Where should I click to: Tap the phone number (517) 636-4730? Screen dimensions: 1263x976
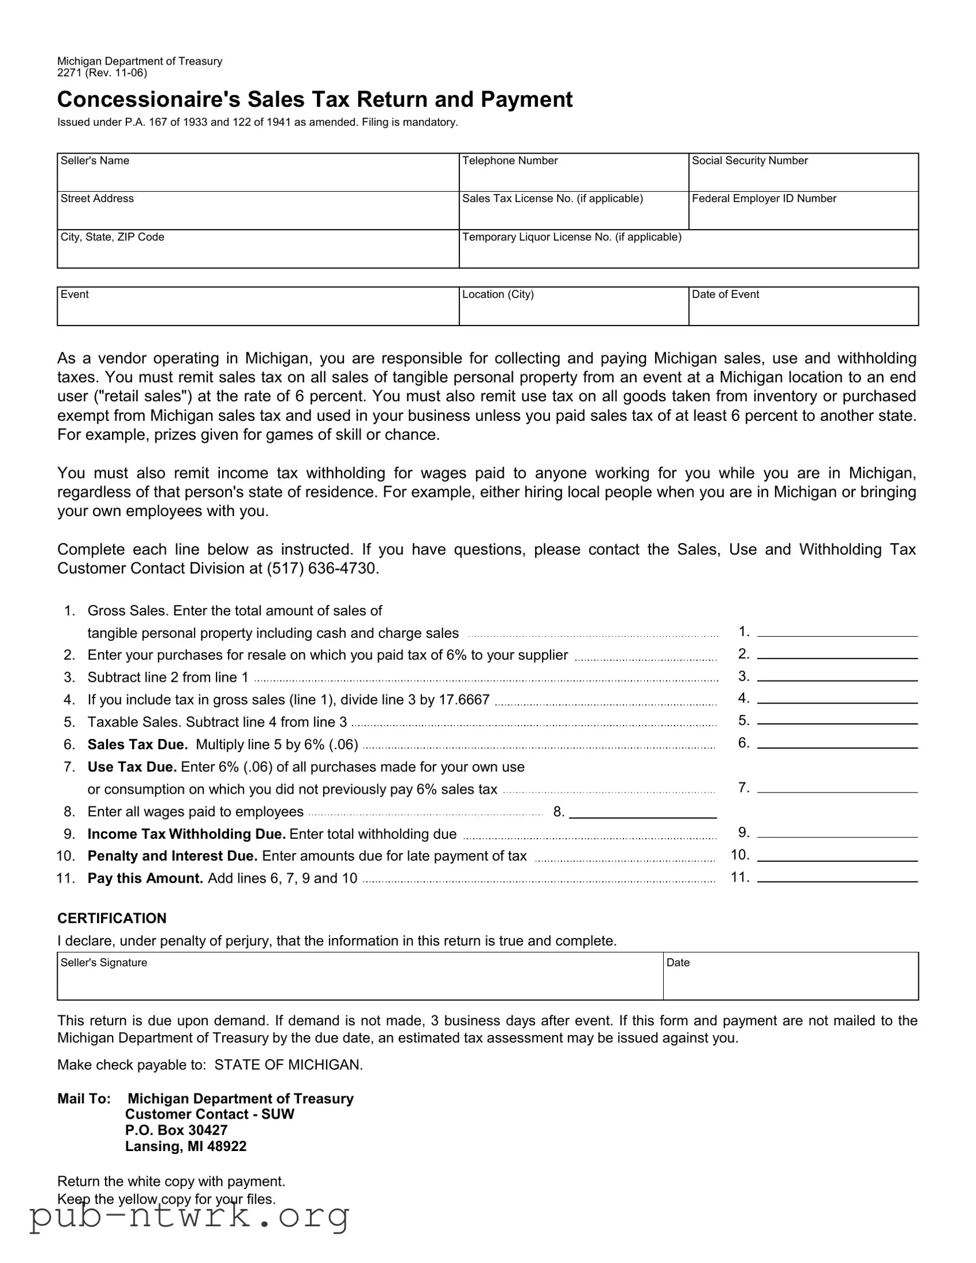pos(323,569)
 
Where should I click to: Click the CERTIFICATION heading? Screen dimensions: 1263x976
pos(111,918)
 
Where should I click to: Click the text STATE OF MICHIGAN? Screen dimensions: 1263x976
pos(288,1064)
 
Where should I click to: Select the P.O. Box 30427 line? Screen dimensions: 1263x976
pos(177,1130)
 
